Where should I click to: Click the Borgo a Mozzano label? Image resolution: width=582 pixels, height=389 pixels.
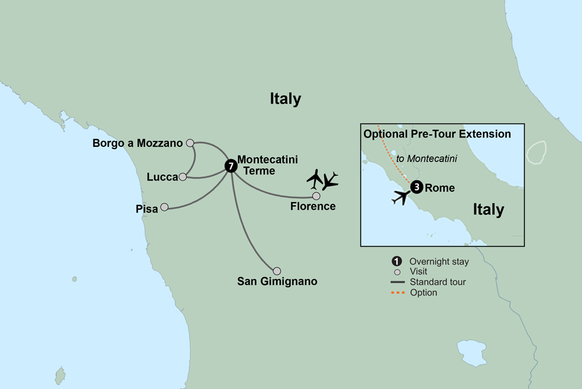[x=138, y=143]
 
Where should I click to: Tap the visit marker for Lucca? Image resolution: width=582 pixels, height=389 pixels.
[x=183, y=177]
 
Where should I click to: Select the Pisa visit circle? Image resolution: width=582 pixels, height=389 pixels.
[x=164, y=207]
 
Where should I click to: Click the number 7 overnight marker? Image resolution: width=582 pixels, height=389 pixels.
[x=231, y=166]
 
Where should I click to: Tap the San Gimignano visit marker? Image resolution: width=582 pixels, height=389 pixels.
[x=277, y=271]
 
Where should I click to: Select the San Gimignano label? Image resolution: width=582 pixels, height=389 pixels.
[x=277, y=282]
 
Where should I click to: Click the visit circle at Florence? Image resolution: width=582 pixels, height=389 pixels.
[x=316, y=196]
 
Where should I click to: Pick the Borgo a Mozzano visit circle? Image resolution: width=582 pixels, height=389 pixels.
[x=190, y=142]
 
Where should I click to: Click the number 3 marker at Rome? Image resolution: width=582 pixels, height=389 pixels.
[x=416, y=188]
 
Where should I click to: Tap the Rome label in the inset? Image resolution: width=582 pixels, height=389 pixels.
[x=440, y=188]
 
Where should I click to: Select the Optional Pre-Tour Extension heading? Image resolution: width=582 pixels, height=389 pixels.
[x=437, y=134]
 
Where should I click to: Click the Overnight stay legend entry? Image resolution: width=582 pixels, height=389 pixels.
[x=439, y=261]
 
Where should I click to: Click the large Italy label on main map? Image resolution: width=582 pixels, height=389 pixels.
[x=285, y=99]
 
